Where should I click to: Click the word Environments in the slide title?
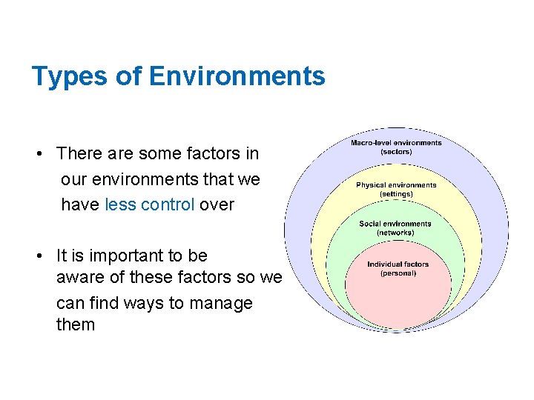pyautogui.click(x=237, y=76)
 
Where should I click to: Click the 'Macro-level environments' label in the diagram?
pyautogui.click(x=396, y=143)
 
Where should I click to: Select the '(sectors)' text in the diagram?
pyautogui.click(x=396, y=152)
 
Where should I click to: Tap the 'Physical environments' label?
pyautogui.click(x=396, y=185)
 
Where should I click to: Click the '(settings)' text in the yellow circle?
pyautogui.click(x=396, y=194)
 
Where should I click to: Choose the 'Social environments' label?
pyautogui.click(x=395, y=224)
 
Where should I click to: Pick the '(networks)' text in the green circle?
pyautogui.click(x=395, y=233)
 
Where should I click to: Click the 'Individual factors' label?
pyautogui.click(x=398, y=264)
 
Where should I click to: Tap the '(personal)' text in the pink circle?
pyautogui.click(x=398, y=273)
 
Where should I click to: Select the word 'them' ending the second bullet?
pyautogui.click(x=76, y=324)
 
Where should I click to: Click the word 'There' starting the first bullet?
pyautogui.click(x=78, y=153)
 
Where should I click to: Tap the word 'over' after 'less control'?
pyautogui.click(x=217, y=204)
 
